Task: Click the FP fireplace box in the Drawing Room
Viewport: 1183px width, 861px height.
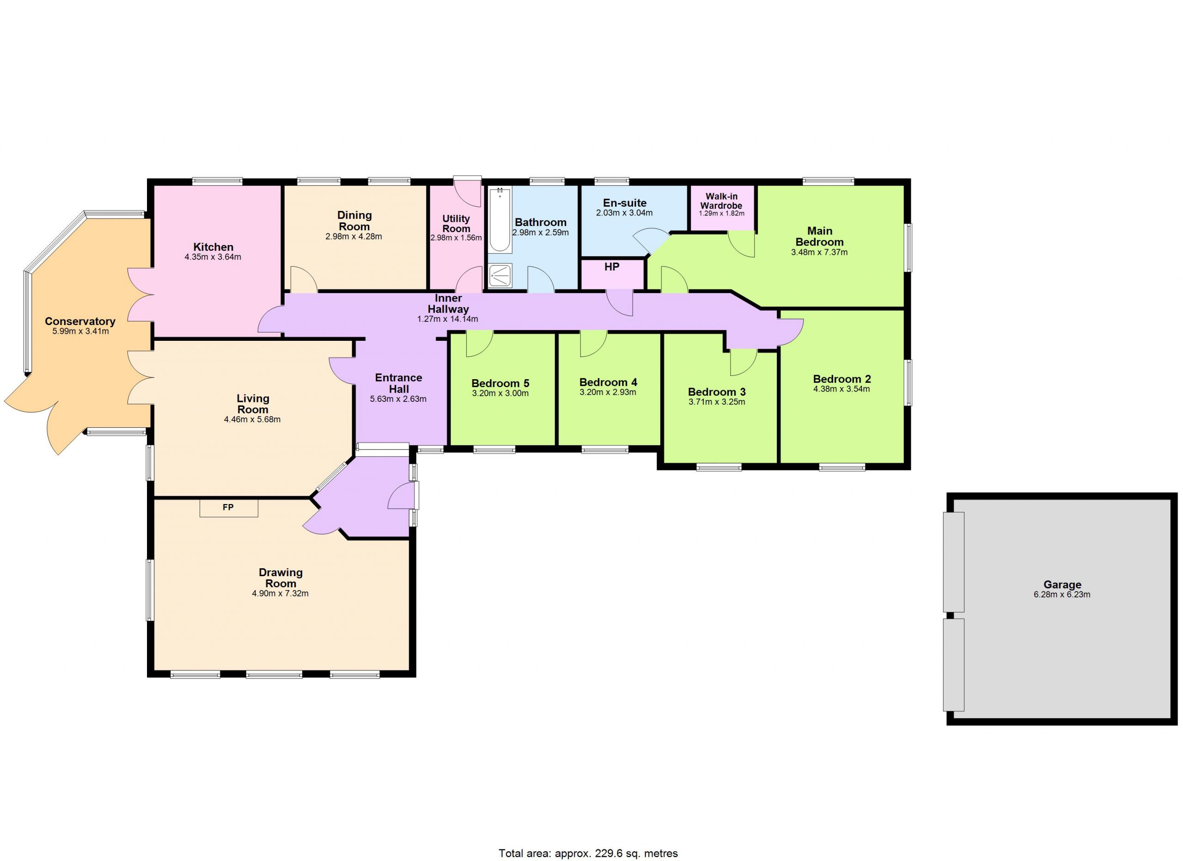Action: [x=228, y=508]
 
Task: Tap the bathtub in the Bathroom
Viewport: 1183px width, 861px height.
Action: [x=500, y=220]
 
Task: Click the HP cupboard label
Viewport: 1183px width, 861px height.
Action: [x=611, y=267]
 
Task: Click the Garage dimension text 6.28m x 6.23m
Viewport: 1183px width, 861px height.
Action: [x=1062, y=594]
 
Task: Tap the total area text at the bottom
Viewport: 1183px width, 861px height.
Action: [x=588, y=853]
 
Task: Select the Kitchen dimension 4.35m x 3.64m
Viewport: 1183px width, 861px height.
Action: [x=213, y=257]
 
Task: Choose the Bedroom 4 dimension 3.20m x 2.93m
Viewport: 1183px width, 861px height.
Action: [x=608, y=393]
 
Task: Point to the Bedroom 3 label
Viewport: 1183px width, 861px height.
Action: [x=717, y=392]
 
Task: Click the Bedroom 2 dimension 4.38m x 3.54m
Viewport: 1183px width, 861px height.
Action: [x=842, y=389]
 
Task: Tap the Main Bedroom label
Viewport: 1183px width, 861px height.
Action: [x=819, y=236]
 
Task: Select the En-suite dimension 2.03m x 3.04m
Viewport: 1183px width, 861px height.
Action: [x=624, y=213]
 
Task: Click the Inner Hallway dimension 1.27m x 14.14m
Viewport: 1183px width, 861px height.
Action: [x=447, y=319]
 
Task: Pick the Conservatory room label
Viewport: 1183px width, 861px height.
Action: [x=80, y=321]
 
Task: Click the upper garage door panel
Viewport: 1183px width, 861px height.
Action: [x=953, y=561]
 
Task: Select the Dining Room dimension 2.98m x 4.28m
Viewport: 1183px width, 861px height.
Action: [x=354, y=236]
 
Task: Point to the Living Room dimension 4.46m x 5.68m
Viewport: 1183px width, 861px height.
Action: [x=252, y=419]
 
